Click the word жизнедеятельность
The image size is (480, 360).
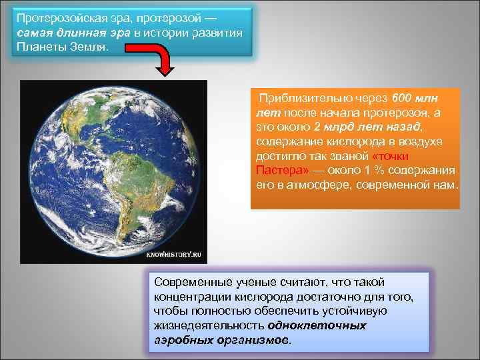tap(209, 326)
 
